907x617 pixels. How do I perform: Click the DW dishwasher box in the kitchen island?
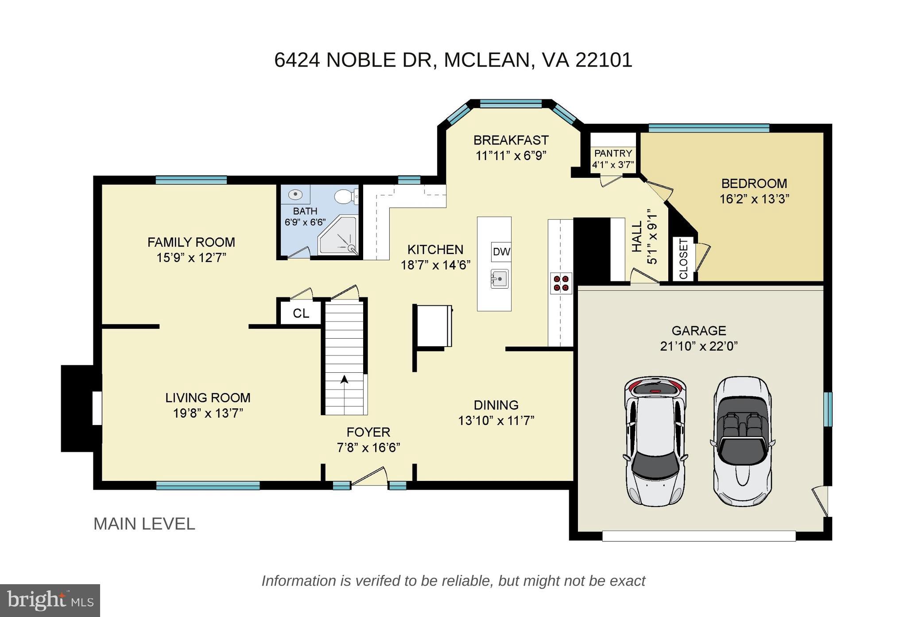click(501, 252)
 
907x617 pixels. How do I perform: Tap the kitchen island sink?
click(500, 279)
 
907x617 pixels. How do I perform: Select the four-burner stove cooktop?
click(561, 283)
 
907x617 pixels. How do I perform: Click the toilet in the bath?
click(345, 196)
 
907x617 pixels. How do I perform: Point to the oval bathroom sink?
click(295, 194)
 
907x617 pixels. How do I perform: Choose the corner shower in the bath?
click(337, 235)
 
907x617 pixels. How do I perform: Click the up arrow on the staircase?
click(344, 379)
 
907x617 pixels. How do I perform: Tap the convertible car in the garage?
click(743, 441)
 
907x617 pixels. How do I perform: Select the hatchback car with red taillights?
click(655, 441)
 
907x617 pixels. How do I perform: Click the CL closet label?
click(301, 313)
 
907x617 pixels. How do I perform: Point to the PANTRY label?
click(613, 153)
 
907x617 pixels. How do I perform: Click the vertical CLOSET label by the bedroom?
click(683, 259)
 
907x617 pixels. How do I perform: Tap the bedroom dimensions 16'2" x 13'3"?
click(754, 199)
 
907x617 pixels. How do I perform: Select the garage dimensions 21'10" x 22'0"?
click(699, 346)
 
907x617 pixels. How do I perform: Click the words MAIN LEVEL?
click(144, 524)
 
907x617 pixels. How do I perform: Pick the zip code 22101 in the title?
click(604, 60)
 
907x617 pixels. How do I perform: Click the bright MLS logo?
click(50, 601)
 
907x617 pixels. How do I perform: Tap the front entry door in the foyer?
click(368, 477)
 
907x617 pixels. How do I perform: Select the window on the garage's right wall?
click(827, 409)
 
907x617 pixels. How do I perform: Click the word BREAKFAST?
click(511, 140)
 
